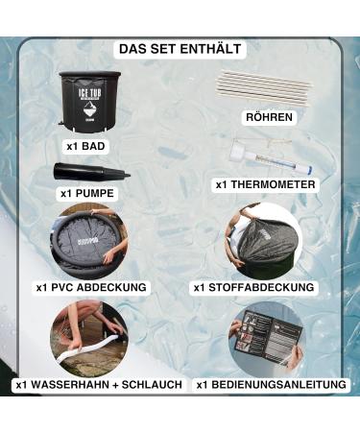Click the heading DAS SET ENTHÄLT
pos(180,48)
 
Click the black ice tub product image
pos(88,102)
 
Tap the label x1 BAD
pos(86,146)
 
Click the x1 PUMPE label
pos(85,194)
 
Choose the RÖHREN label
pos(268,118)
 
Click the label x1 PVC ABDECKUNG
pos(91,286)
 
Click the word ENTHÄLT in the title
pos(211,48)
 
